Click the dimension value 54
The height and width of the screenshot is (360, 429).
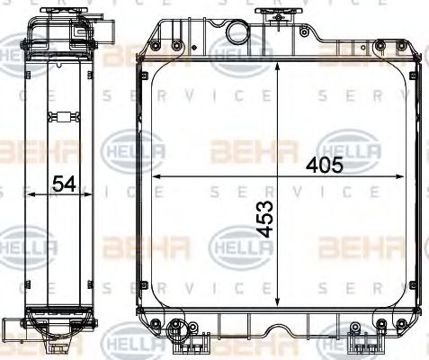[x=63, y=184]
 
